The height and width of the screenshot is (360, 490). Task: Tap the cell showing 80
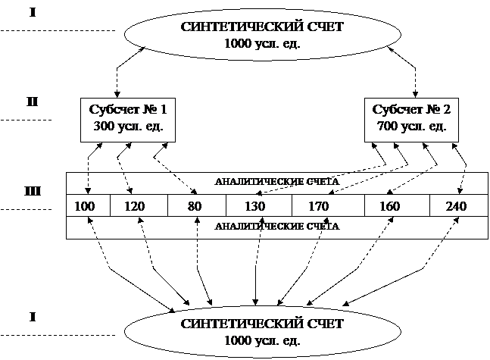pyautogui.click(x=196, y=206)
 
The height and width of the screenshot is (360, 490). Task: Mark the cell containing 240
pyautogui.click(x=457, y=206)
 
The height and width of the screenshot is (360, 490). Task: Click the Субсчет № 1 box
pyautogui.click(x=128, y=117)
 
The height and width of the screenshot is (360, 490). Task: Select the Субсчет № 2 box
pyautogui.click(x=411, y=117)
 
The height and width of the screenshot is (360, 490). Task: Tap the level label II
pyautogui.click(x=33, y=102)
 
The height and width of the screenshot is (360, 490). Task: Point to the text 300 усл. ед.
pyautogui.click(x=128, y=126)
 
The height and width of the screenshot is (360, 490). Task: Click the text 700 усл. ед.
pyautogui.click(x=411, y=126)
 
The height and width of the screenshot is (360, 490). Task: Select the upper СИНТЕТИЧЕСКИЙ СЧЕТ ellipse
pyautogui.click(x=262, y=35)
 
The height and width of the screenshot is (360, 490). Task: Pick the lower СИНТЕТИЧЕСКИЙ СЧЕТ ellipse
pyautogui.click(x=262, y=331)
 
